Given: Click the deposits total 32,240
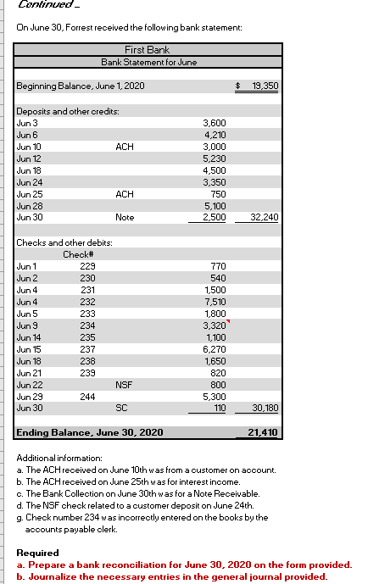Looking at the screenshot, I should point(265,217).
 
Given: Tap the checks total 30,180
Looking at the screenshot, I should point(265,408).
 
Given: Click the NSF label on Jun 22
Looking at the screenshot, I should point(124,384).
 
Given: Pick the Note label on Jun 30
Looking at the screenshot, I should point(124,217).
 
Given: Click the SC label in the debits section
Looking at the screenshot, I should point(124,408).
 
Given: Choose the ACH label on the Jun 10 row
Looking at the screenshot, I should point(124,146).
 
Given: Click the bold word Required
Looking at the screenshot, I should point(36,553).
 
